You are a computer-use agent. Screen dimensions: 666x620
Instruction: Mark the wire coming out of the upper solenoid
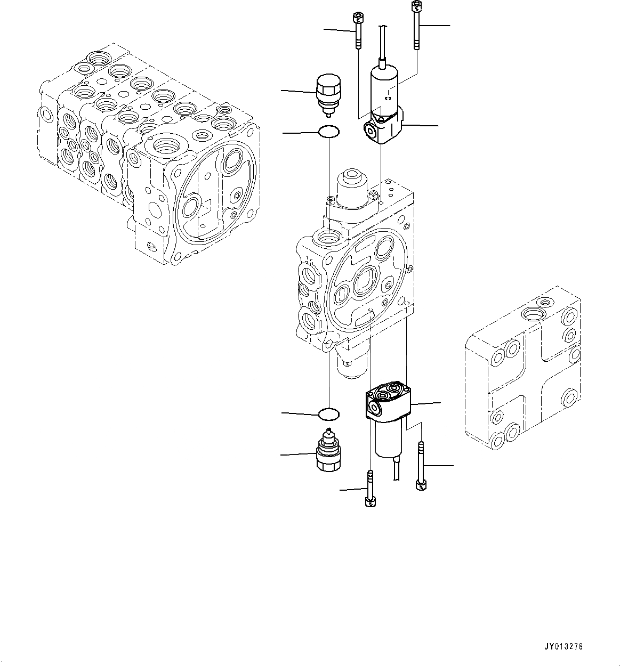pos(381,43)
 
